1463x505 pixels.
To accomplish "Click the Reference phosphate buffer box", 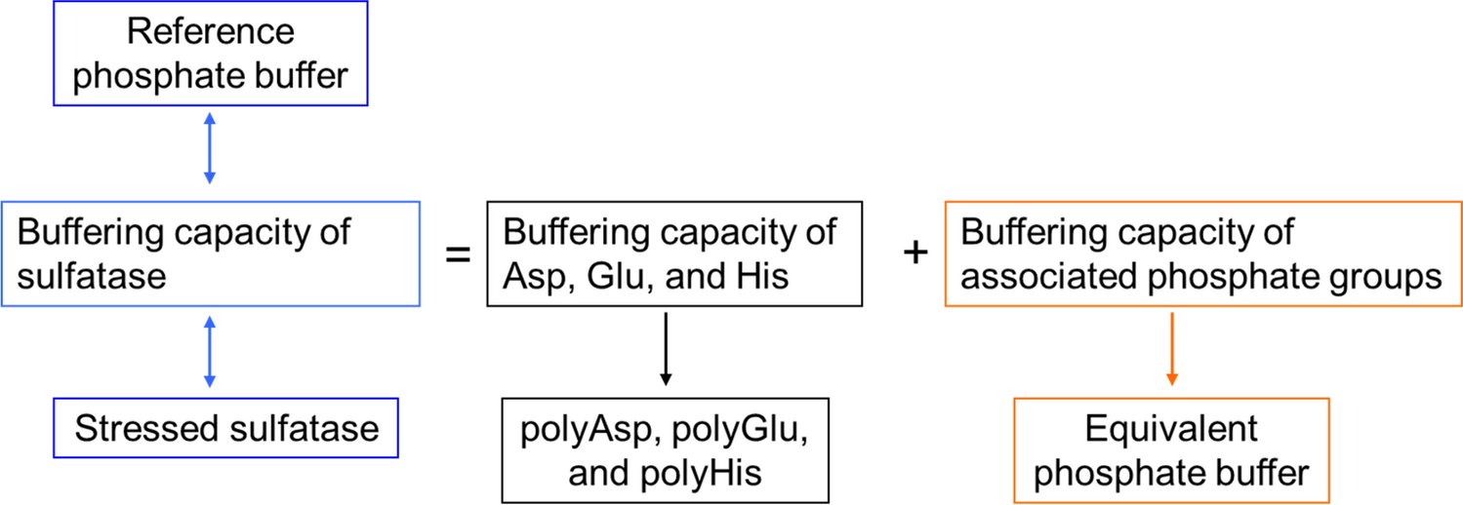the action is (x=209, y=55).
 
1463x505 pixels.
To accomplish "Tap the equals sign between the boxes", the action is (x=458, y=255).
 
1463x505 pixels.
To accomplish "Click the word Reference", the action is (x=209, y=31).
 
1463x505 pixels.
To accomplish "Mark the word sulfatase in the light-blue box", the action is (x=92, y=278).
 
